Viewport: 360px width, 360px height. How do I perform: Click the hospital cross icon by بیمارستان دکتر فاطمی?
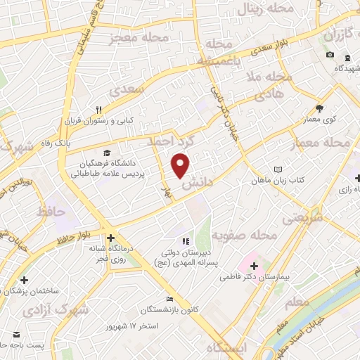click(254, 266)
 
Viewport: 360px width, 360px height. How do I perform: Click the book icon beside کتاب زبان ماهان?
click(278, 169)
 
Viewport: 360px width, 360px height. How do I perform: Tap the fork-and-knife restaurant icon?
click(99, 109)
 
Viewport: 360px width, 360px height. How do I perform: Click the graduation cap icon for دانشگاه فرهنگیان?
click(106, 153)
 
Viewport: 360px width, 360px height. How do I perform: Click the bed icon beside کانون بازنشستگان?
click(168, 298)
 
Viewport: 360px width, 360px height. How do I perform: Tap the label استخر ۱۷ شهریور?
click(136, 327)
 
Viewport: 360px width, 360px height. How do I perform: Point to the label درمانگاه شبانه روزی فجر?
click(108, 253)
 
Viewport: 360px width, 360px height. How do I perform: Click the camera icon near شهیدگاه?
click(330, 56)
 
